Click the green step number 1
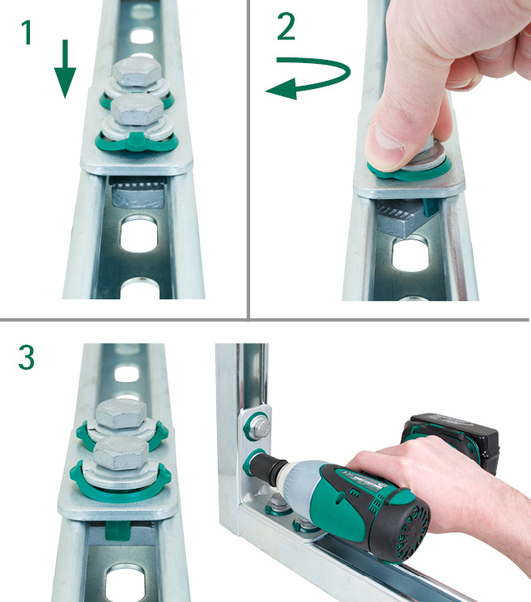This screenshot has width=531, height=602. tap(26, 32)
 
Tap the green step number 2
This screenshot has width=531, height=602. tap(286, 26)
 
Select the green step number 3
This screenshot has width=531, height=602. tap(26, 358)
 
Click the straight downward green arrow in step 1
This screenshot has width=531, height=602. tap(65, 68)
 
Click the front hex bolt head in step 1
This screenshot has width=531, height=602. tap(138, 110)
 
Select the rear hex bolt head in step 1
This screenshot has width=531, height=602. tap(137, 72)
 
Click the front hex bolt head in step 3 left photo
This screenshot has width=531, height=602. tap(121, 453)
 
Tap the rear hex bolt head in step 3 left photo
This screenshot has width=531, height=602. tap(121, 414)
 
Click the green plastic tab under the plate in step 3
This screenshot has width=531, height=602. tap(117, 530)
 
